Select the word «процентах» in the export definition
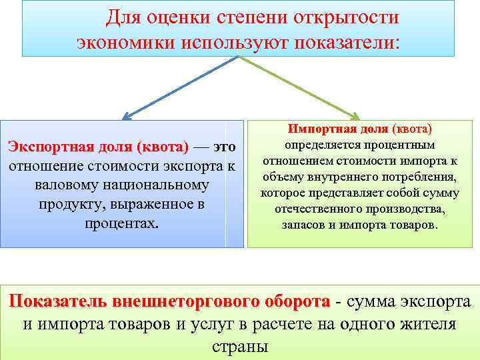click(x=121, y=222)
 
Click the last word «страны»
click(x=239, y=347)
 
